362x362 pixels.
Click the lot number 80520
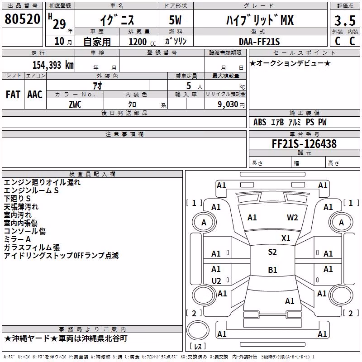[x=22, y=19]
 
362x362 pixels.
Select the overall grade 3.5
[x=345, y=21]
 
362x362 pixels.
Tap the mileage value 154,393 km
[x=53, y=65]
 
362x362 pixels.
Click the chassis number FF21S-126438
[x=304, y=144]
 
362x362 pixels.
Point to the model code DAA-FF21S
[x=259, y=42]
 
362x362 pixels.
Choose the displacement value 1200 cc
[x=142, y=42]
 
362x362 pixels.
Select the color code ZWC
[x=75, y=105]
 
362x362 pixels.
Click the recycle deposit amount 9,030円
[x=231, y=105]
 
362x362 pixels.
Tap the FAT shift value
[x=13, y=95]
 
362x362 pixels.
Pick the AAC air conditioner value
[x=35, y=95]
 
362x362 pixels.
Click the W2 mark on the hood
[x=292, y=218]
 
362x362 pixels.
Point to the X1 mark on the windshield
[x=286, y=238]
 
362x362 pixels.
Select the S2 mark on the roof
[x=272, y=252]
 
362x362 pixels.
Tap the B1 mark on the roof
[x=272, y=270]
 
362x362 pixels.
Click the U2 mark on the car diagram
[x=216, y=281]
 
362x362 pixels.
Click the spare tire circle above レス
[x=198, y=330]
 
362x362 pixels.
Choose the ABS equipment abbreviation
[x=260, y=122]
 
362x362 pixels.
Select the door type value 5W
[x=175, y=20]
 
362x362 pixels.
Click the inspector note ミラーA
[x=17, y=239]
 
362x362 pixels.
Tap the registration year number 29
[x=59, y=24]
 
